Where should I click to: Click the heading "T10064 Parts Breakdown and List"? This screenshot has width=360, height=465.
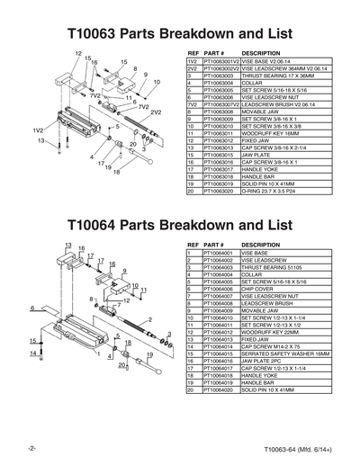(x=180, y=224)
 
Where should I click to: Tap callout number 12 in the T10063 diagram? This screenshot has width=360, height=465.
(x=78, y=55)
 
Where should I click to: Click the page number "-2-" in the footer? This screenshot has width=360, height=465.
(x=31, y=448)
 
